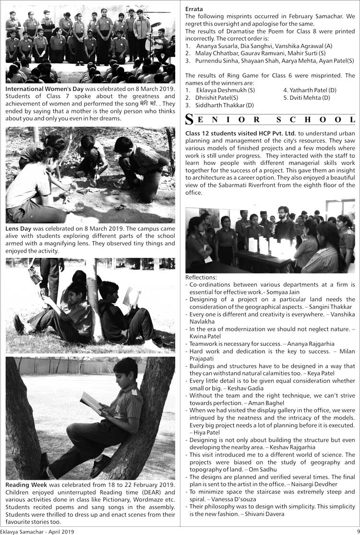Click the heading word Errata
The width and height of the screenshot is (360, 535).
[194, 9]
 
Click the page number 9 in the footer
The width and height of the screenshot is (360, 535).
[357, 531]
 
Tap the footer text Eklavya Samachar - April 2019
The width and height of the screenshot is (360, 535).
[37, 531]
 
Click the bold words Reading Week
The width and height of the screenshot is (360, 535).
[26, 485]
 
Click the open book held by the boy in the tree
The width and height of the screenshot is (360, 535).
[91, 402]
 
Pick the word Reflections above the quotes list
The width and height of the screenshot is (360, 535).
[201, 278]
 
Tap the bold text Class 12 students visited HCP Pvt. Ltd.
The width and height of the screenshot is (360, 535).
[240, 133]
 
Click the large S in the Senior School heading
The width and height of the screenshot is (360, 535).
[190, 120]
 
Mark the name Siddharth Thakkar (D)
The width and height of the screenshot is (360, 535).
[222, 105]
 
